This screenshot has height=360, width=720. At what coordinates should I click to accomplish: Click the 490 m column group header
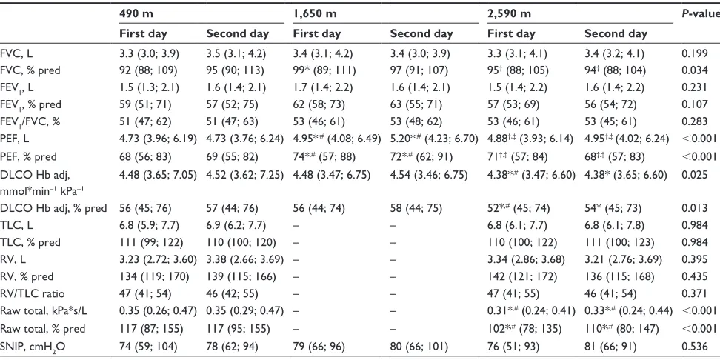click(x=136, y=14)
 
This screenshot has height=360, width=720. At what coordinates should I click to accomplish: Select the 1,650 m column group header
click(x=315, y=14)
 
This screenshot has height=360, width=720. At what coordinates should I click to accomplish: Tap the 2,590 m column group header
click(x=509, y=14)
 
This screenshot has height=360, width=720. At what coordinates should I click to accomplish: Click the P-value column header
click(x=701, y=14)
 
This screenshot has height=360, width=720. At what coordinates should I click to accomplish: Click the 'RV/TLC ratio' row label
click(x=27, y=294)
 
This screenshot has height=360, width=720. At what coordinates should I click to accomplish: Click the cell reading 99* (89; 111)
click(x=323, y=70)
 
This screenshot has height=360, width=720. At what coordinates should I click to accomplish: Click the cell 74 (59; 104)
click(x=147, y=346)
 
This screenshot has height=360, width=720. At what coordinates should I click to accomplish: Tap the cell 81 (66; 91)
click(x=609, y=346)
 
